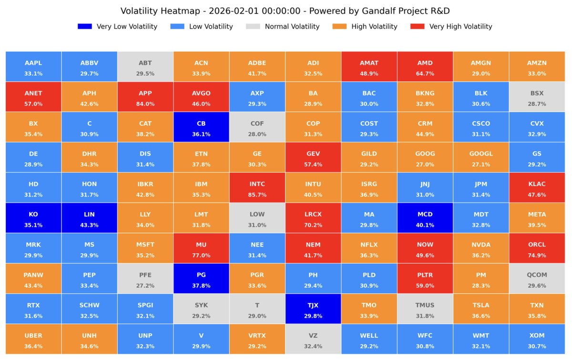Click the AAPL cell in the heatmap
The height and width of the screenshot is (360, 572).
33,67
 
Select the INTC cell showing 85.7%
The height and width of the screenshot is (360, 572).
257,188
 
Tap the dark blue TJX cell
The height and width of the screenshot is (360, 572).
313,309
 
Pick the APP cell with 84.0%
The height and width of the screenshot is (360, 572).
145,97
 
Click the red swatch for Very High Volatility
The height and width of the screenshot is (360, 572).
417,27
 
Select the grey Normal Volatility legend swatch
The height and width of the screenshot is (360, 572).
253,27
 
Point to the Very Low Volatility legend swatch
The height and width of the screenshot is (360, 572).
84,27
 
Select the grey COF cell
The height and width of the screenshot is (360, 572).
257,127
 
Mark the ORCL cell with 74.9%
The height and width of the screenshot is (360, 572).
537,248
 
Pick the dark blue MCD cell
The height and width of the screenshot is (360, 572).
425,218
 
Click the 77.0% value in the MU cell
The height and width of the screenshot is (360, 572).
201,256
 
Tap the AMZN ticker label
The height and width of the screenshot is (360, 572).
537,63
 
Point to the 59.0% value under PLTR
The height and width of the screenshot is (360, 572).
425,286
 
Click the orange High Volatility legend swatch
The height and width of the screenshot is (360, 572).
339,27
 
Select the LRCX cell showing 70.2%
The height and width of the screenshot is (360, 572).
313,218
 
